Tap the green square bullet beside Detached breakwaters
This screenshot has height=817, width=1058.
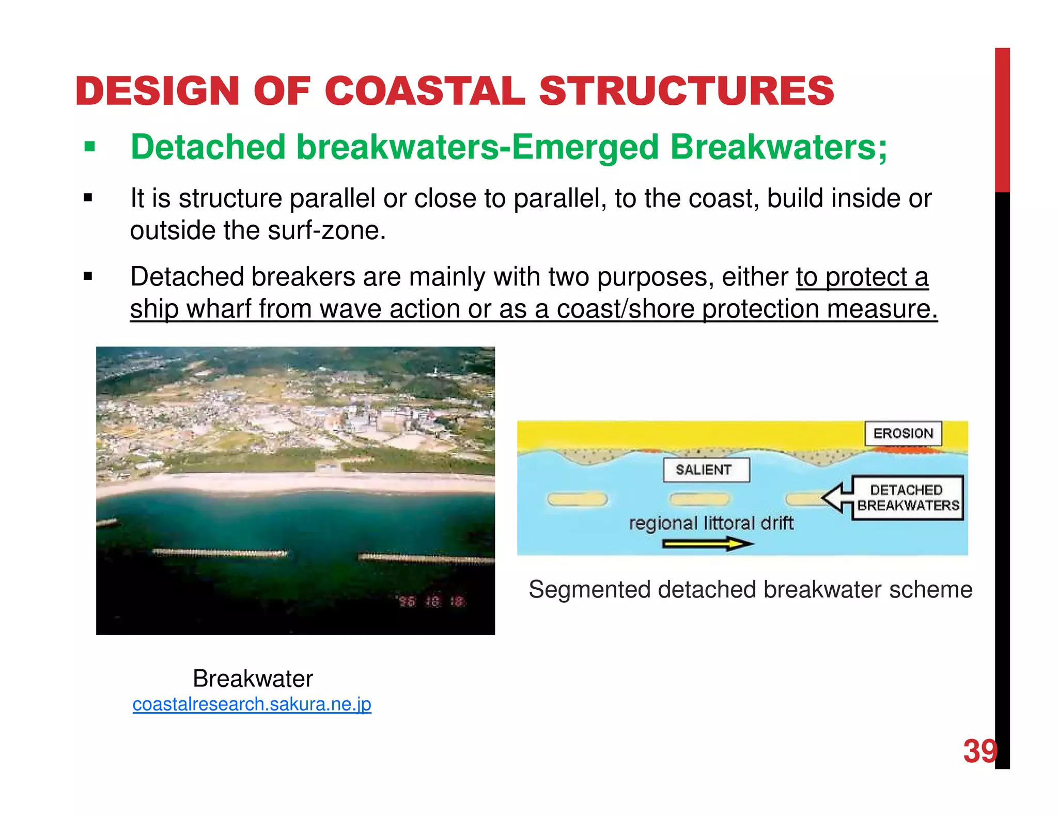coord(90,147)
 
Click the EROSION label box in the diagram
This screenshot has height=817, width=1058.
coord(903,433)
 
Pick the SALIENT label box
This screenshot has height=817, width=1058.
coord(705,470)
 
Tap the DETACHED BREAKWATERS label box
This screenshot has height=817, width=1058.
coord(908,497)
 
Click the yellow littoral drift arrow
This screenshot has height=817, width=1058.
coord(708,544)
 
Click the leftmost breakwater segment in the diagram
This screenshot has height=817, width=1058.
coord(577,499)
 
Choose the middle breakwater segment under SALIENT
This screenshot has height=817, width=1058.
coord(699,499)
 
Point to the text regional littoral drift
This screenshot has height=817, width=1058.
coord(711,523)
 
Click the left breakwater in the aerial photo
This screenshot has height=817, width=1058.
coord(220,553)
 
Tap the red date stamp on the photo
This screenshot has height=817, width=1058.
coord(431,601)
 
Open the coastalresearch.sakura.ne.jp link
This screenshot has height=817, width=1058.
coord(252,704)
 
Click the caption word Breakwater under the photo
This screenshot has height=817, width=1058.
coord(253,679)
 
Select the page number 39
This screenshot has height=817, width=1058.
coord(979,751)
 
